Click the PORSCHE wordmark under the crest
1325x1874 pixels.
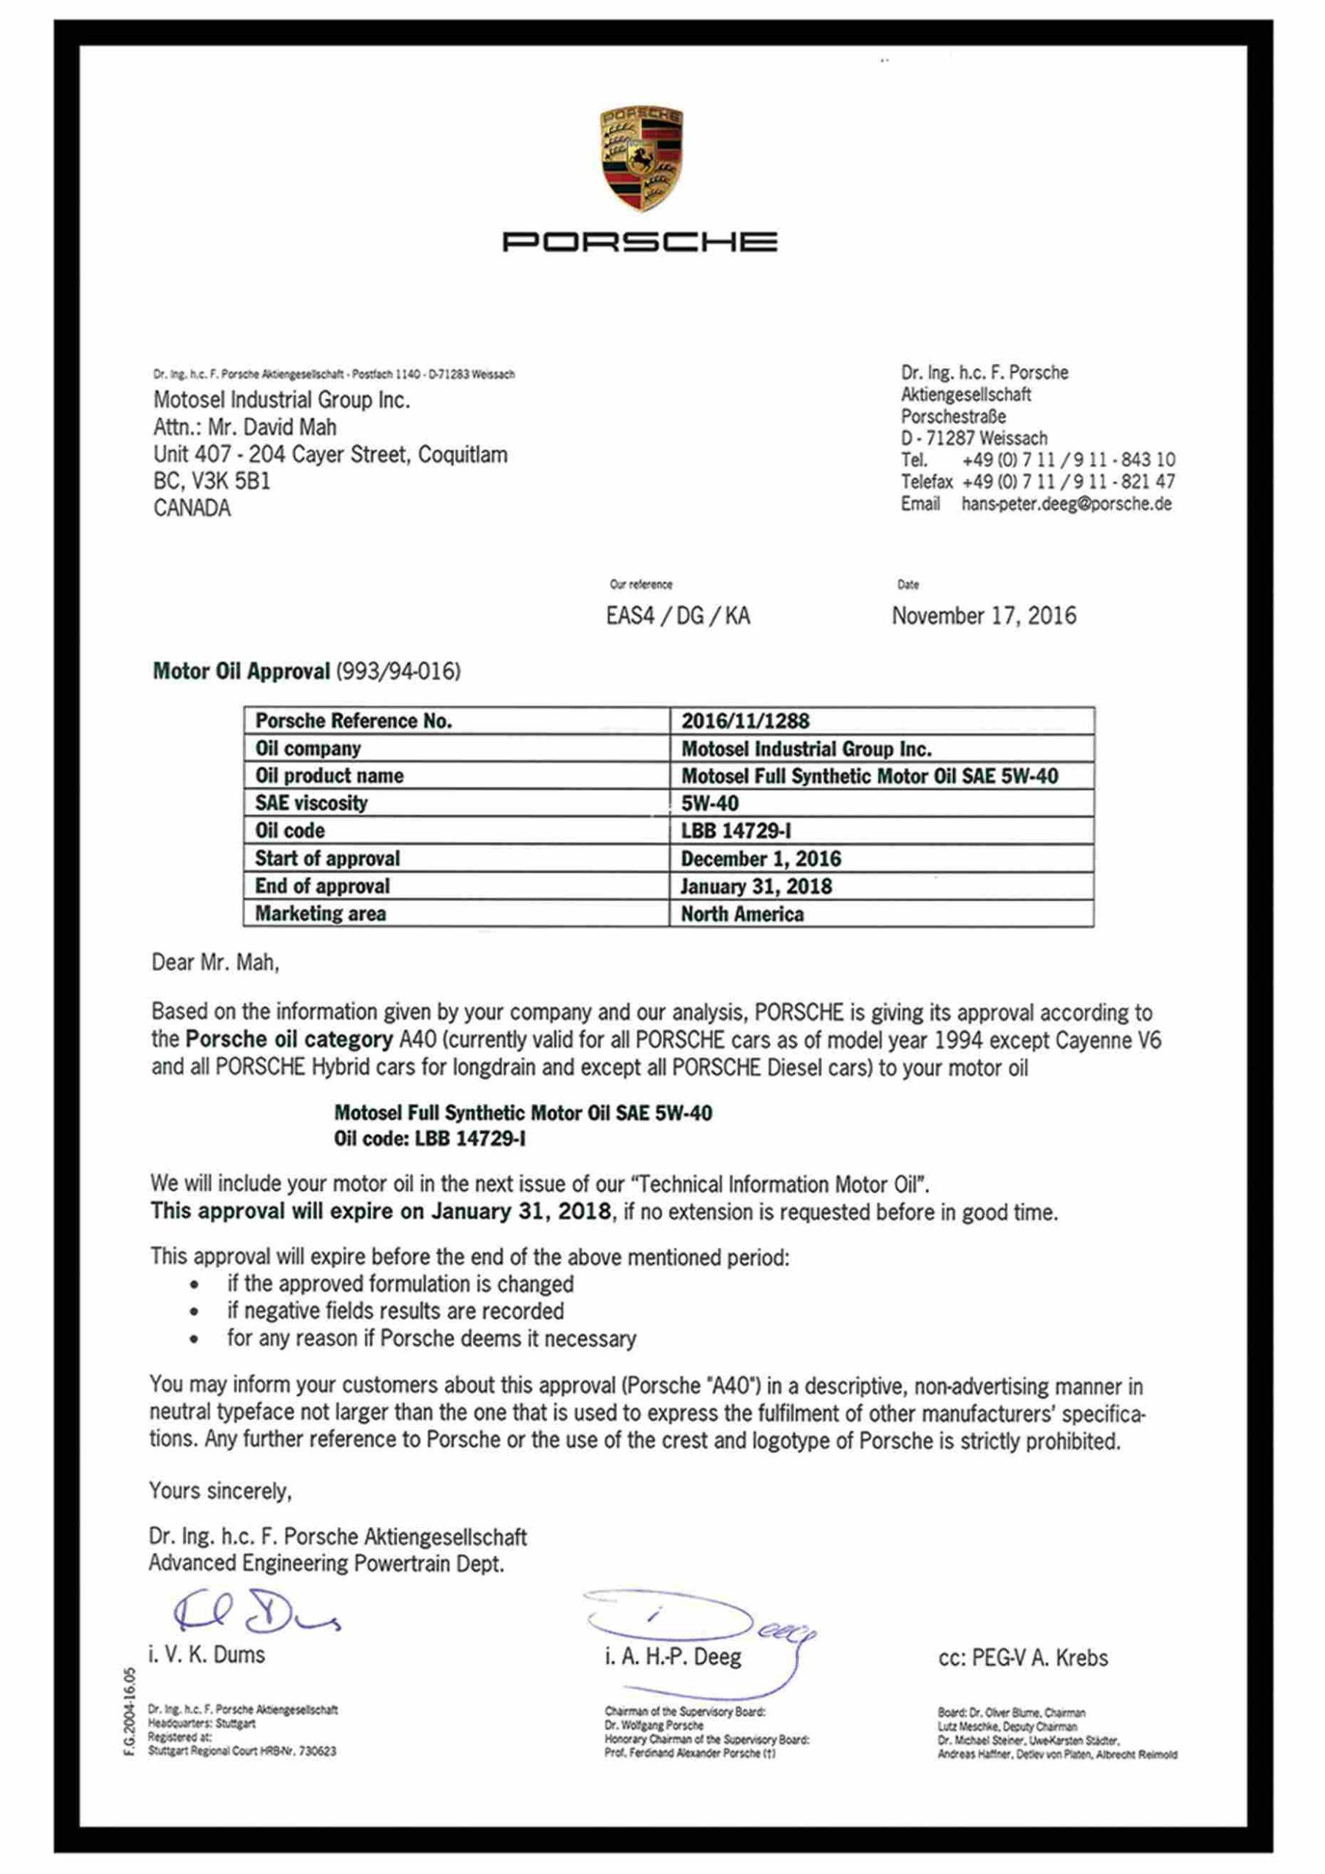click(639, 242)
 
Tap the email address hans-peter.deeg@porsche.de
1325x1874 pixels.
click(1066, 504)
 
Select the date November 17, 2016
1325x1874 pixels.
click(984, 616)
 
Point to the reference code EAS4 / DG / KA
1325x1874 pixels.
click(678, 616)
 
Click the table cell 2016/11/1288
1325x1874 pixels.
click(745, 721)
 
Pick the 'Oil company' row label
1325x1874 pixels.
click(307, 748)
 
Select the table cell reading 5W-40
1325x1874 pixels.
click(709, 803)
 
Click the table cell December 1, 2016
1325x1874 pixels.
click(761, 859)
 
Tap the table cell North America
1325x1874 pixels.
click(742, 914)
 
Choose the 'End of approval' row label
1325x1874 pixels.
click(323, 886)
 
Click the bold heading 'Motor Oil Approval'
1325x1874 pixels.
click(242, 672)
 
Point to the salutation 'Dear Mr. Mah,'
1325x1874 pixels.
click(215, 963)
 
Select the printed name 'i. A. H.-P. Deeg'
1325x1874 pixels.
click(673, 1658)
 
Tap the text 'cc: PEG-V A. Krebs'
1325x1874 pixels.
click(1023, 1659)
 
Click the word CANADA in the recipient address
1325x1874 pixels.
click(192, 509)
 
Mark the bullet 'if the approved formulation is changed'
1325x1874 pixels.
click(400, 1284)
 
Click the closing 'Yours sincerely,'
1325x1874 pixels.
click(220, 1491)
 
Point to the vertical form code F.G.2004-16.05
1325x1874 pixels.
click(129, 1713)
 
